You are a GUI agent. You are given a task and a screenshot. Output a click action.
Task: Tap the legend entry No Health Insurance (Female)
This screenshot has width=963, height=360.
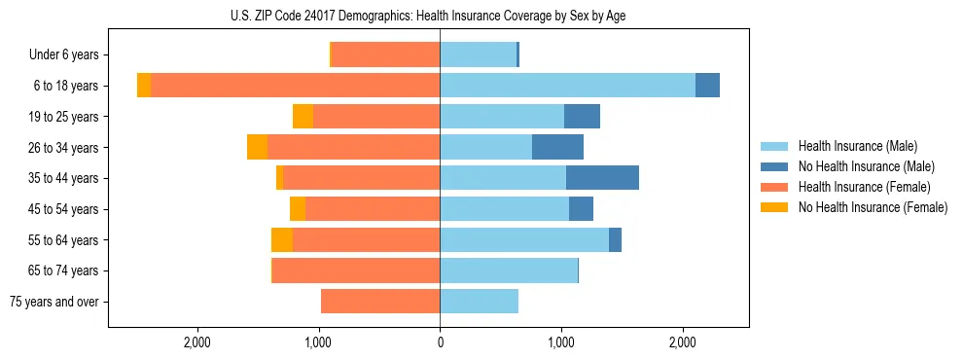[872, 207]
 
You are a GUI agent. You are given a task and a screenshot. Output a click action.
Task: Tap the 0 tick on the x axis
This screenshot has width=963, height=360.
[440, 342]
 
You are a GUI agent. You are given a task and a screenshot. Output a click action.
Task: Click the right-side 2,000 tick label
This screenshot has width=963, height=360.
[682, 342]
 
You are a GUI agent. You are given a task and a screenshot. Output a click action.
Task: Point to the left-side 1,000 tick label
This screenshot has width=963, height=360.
[319, 342]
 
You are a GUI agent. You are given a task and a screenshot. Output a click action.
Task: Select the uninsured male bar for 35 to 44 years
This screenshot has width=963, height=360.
[602, 178]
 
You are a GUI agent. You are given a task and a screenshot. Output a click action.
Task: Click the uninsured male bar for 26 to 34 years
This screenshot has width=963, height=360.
[557, 147]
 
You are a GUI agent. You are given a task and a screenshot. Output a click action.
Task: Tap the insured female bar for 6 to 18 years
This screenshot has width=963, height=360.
[295, 86]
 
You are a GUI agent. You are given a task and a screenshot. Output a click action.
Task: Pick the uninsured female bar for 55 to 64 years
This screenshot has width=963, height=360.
[282, 239]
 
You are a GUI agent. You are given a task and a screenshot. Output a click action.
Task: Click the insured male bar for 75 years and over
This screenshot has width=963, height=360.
[479, 302]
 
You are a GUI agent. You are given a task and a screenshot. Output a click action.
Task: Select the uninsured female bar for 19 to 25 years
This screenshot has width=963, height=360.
[303, 117]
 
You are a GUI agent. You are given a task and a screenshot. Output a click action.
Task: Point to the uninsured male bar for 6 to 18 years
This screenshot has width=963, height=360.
[707, 86]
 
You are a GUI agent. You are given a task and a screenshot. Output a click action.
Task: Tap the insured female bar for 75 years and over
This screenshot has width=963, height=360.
[380, 302]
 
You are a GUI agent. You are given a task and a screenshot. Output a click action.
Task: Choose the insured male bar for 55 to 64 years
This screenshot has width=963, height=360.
[524, 239]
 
